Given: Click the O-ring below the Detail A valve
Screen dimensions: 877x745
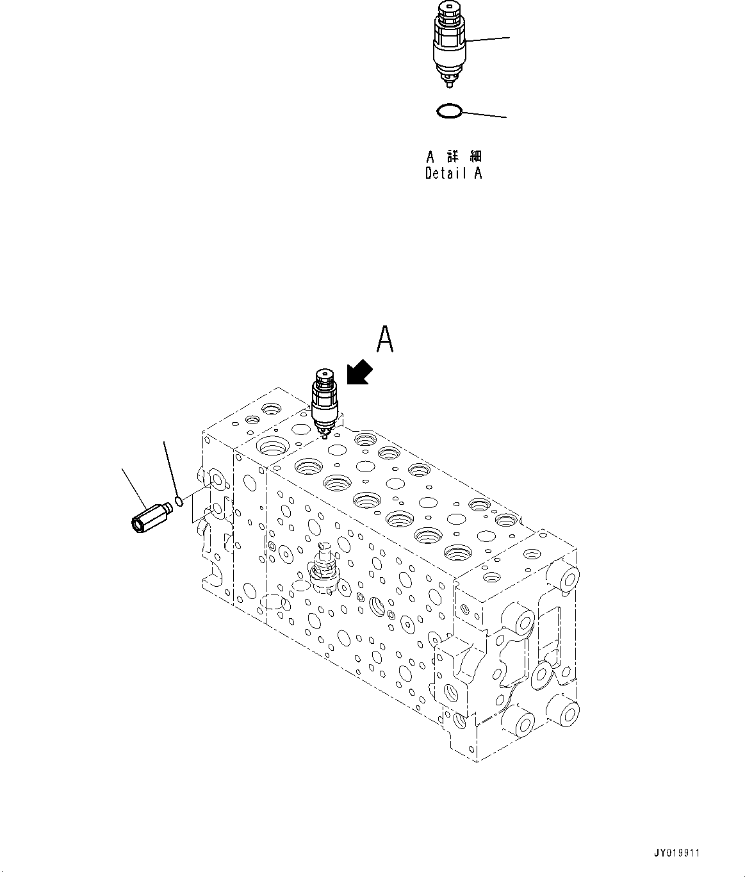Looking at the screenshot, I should tap(449, 111).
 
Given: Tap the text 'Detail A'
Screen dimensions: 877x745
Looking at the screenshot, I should tap(454, 173).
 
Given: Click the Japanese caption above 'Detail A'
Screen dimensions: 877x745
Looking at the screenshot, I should tap(454, 156).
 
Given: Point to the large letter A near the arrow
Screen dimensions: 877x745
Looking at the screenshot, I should tap(384, 340).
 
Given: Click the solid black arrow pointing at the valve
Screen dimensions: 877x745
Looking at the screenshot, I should tap(359, 372).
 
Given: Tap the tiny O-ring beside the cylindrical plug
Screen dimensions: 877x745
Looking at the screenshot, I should tap(180, 500).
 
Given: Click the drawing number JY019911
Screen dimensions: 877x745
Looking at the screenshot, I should tap(678, 853).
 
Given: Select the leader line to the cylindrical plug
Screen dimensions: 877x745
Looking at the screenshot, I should tap(135, 487).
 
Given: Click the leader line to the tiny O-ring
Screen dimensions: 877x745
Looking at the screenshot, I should tap(170, 465).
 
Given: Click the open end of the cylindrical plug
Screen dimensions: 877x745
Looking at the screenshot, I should tap(138, 525).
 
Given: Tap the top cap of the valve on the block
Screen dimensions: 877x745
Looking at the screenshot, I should tap(323, 375).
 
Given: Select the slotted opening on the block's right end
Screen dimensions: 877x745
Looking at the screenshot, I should tap(550, 634).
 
